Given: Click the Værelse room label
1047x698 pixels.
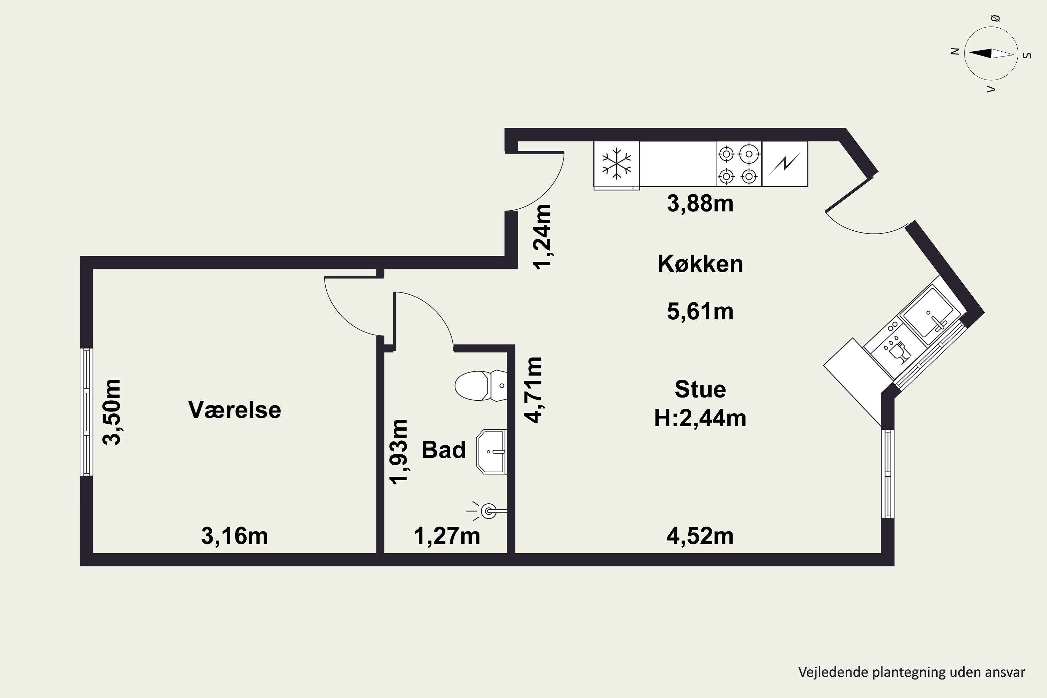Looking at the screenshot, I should click(x=235, y=409).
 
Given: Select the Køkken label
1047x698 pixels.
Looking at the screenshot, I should click(x=700, y=264).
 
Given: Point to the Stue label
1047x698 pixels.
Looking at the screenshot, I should click(x=700, y=389).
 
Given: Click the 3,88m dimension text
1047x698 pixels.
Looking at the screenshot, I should click(x=700, y=204).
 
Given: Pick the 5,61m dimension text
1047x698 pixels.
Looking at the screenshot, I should click(x=700, y=312).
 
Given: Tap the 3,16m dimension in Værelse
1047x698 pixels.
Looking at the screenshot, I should click(x=235, y=536).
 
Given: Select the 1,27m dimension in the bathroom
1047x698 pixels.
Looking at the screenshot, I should click(x=447, y=536).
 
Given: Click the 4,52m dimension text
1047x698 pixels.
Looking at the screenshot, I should click(x=700, y=536).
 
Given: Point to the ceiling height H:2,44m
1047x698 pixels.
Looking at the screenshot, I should click(x=700, y=418).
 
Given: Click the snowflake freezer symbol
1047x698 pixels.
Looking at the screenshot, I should click(x=617, y=163).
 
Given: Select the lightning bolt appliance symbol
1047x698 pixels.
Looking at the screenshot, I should click(x=785, y=164).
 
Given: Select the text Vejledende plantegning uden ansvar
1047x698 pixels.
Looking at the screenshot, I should click(x=912, y=672).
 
